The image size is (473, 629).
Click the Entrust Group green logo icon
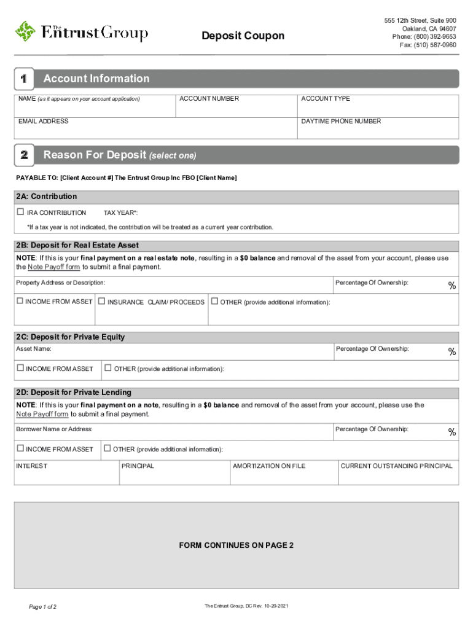(x=26, y=31)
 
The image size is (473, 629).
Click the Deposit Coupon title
(x=243, y=36)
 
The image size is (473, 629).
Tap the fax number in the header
(x=428, y=45)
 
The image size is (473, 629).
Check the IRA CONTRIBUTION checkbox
(x=20, y=212)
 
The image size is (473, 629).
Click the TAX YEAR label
(x=120, y=213)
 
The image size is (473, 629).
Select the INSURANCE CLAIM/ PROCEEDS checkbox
(x=101, y=302)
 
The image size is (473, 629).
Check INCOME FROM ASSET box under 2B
(x=20, y=301)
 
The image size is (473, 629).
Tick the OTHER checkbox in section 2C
(x=108, y=368)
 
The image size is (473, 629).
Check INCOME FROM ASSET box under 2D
(x=20, y=448)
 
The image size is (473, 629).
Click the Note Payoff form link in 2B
(x=54, y=267)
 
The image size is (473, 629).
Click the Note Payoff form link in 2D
(x=42, y=414)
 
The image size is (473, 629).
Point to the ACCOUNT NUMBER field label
(x=209, y=99)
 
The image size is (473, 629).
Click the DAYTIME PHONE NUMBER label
(x=341, y=121)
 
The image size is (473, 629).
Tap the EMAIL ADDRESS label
(x=43, y=121)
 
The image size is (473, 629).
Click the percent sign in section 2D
(x=451, y=432)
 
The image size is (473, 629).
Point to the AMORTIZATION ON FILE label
(x=269, y=466)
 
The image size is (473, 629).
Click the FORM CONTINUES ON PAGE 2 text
(x=236, y=545)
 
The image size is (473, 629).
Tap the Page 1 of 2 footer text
(x=43, y=607)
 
